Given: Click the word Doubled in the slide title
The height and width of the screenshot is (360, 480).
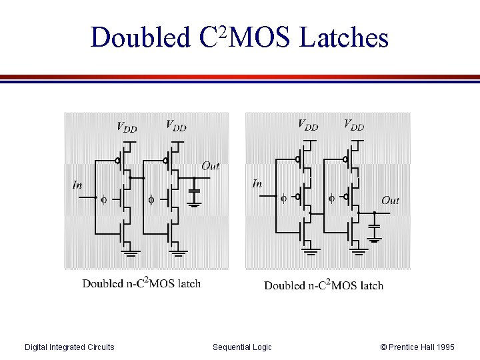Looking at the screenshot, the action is point(141,38).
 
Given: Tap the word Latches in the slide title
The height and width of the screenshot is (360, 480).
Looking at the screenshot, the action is point(344,38).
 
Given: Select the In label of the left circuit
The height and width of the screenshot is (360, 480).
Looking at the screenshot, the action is point(78,185).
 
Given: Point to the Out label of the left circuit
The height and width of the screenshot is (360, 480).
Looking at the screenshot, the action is point(210,166).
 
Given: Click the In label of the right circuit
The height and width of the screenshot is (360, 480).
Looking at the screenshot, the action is point(257,183).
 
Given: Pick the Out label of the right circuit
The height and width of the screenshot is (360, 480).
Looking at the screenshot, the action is point(391,200).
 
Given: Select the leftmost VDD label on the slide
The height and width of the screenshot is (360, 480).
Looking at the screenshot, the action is point(127,127).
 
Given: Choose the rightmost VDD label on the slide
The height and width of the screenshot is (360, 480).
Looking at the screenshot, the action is point(353,125).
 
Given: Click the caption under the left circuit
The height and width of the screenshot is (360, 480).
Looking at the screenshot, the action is point(141,283).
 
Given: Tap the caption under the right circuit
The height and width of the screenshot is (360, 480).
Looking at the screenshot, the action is point(323,285).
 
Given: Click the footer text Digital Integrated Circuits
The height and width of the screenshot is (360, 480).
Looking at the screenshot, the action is point(69,347).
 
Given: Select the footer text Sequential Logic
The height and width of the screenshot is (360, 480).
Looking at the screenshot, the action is point(242,347).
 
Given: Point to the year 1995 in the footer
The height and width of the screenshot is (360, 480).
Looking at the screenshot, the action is point(445,347).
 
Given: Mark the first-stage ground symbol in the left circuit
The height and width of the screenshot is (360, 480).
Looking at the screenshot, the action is point(131,253).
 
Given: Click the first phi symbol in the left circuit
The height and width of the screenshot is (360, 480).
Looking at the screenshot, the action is point(103,199).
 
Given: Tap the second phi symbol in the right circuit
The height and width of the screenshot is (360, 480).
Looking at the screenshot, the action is point(332,198).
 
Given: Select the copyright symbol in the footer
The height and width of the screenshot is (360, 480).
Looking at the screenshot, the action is point(383,347).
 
